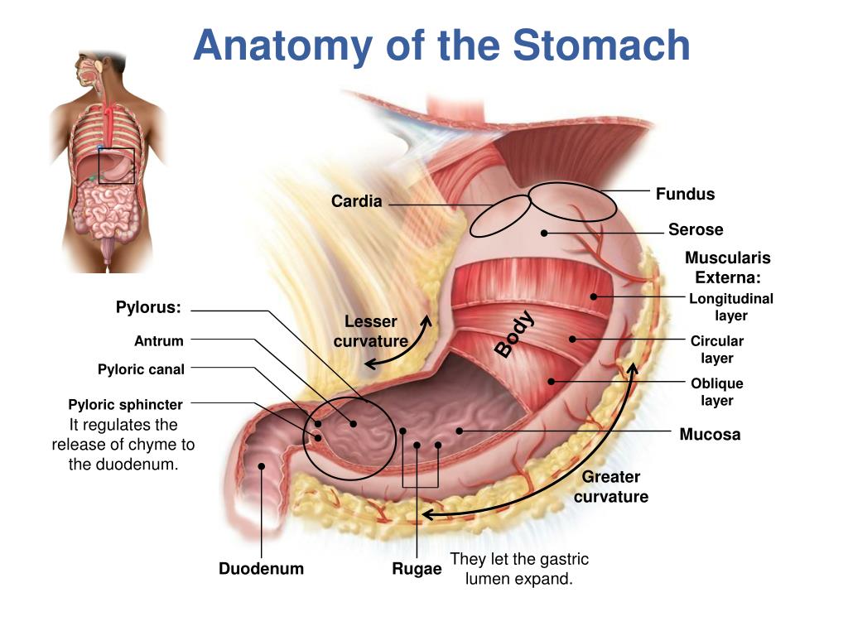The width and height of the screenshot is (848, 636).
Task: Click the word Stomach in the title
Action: (x=602, y=45)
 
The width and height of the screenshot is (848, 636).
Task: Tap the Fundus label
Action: (x=685, y=195)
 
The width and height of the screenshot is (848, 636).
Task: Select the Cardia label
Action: (x=357, y=201)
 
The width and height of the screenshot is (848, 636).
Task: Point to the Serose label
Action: (x=696, y=229)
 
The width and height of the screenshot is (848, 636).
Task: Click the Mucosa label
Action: (x=710, y=434)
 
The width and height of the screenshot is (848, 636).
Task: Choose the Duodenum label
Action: (x=261, y=569)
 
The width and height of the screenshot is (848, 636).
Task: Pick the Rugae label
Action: (x=417, y=569)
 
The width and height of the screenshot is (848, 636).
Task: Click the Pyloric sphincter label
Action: (x=125, y=405)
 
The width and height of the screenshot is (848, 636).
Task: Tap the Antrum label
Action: (x=159, y=340)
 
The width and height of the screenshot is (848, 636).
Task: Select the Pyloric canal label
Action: (x=141, y=369)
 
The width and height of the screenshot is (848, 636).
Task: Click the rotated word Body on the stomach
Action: (x=515, y=334)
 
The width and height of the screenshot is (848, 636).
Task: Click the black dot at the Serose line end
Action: (x=544, y=233)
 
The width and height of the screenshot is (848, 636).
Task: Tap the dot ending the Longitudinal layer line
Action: (x=594, y=296)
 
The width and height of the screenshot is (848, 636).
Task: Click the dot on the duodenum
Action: (x=262, y=466)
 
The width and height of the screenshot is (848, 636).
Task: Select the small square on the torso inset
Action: (x=116, y=166)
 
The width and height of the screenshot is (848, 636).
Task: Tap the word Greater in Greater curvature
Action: (x=611, y=477)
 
